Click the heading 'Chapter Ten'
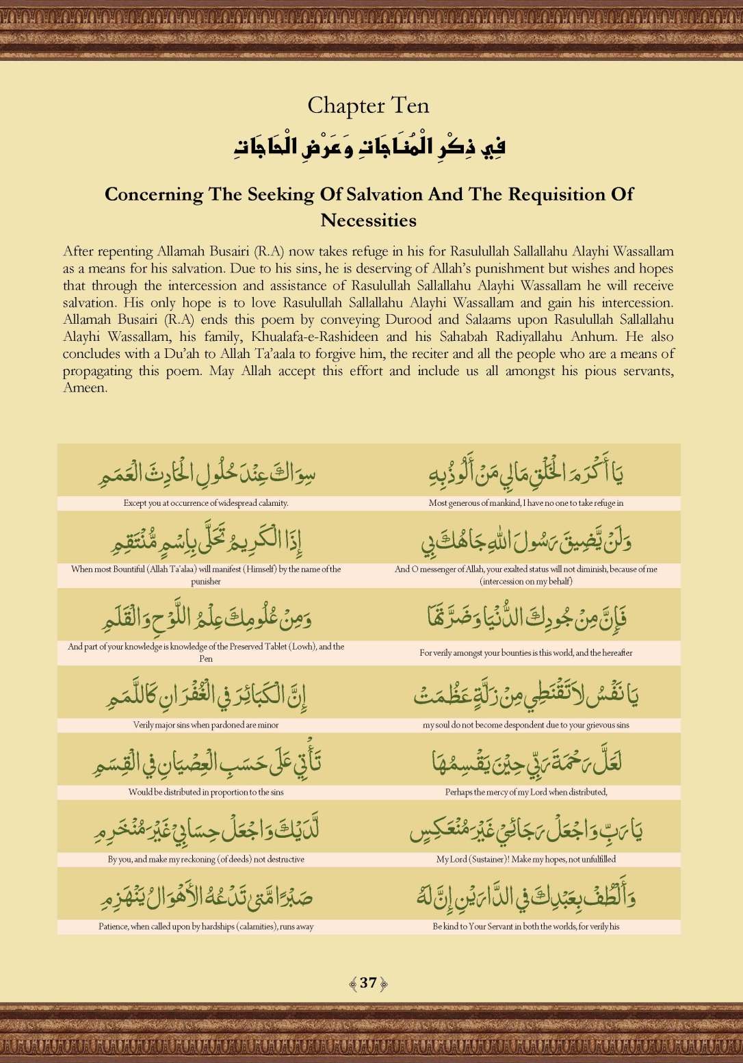tap(368, 105)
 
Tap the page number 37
tap(368, 983)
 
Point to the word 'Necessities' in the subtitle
tap(368, 220)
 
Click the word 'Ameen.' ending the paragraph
tap(86, 388)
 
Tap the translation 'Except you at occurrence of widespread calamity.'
tap(206, 503)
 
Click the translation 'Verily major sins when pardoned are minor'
tap(206, 725)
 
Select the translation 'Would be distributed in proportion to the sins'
tap(206, 792)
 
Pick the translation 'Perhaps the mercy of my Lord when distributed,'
tap(526, 792)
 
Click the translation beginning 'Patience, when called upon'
tap(206, 927)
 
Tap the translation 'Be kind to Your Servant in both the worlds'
tap(526, 927)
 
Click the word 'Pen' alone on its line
tap(206, 658)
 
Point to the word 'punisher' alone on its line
tap(206, 581)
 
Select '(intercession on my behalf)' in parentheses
tap(526, 581)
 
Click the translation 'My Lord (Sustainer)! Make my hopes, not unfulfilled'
tap(526, 859)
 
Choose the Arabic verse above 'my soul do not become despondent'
tap(526, 695)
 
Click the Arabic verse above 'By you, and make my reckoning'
tap(206, 830)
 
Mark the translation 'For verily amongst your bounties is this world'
tap(526, 653)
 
